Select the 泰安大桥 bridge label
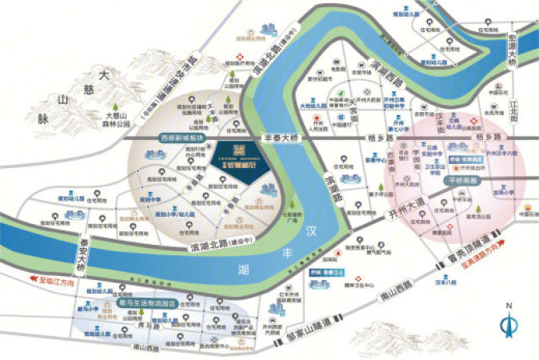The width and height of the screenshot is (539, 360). tap(82, 255)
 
